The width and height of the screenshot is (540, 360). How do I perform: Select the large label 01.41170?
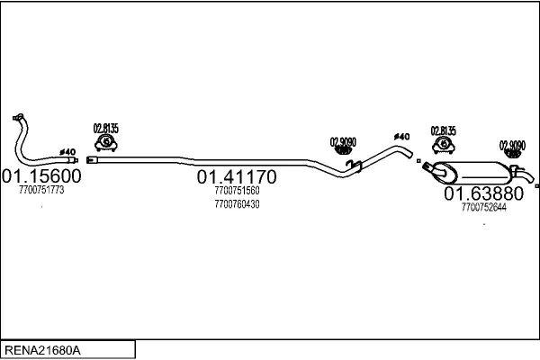point(237,176)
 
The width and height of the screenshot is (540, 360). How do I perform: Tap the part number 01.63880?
point(483,193)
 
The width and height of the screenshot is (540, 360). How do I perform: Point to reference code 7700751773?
point(41,190)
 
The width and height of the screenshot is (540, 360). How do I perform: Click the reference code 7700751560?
point(238,191)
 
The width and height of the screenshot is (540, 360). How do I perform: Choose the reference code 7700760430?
point(238,204)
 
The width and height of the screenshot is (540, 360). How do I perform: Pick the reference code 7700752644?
point(483,207)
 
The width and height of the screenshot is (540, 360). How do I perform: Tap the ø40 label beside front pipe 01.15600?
point(66,151)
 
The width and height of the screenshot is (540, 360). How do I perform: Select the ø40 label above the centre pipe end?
point(401,136)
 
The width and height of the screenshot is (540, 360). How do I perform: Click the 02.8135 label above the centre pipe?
point(106,128)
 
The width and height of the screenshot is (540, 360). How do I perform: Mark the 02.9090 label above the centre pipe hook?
point(343,140)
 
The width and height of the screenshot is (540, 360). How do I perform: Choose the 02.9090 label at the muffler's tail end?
point(513,144)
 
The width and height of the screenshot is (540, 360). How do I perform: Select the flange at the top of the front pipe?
point(18,117)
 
